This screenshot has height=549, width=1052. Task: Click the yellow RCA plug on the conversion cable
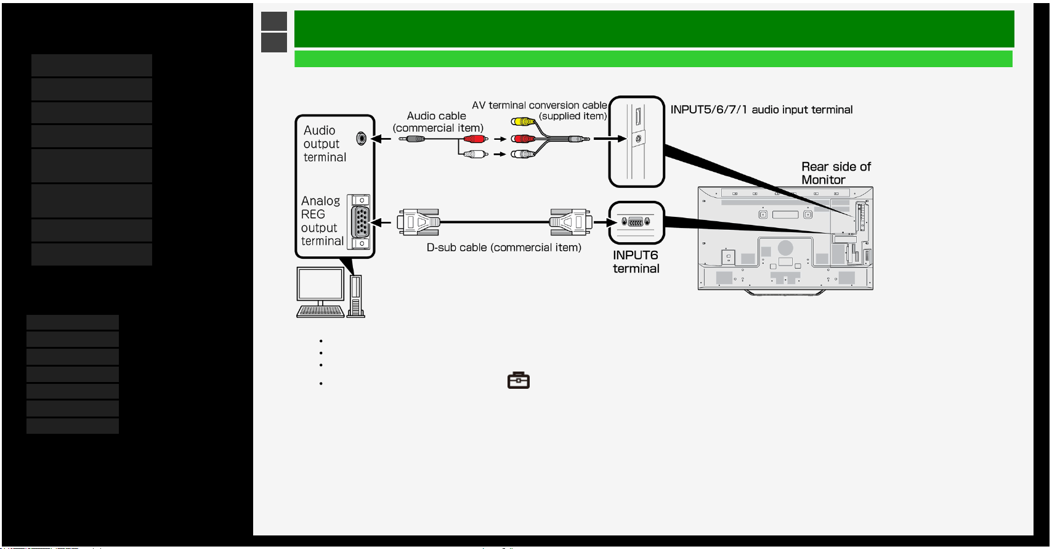pos(523,121)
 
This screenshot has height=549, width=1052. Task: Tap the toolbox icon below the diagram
pos(519,380)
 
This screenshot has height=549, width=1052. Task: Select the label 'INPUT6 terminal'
pos(636,262)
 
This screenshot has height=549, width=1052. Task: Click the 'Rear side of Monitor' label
pos(836,173)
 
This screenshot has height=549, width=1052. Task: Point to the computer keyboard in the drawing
pos(320,312)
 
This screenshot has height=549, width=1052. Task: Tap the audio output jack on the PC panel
pos(361,139)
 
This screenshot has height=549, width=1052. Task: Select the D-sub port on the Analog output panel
pos(360,222)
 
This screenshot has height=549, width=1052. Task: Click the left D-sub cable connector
pos(418,222)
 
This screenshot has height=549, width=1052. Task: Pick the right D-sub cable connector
pos(570,222)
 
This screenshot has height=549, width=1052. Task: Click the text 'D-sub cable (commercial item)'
pos(504,248)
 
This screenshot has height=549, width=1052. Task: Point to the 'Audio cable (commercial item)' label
pos(438,122)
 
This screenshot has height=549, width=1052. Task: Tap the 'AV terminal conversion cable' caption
pos(540,110)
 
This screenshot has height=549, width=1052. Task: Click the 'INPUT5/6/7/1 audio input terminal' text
pos(761,110)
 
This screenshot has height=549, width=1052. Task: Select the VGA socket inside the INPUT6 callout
pos(636,222)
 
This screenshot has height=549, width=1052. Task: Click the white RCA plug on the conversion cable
pos(523,154)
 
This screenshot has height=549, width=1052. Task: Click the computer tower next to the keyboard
pos(356,296)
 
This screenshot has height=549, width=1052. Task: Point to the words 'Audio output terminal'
pos(325,144)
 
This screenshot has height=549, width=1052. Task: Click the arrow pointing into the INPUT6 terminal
pos(604,222)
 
